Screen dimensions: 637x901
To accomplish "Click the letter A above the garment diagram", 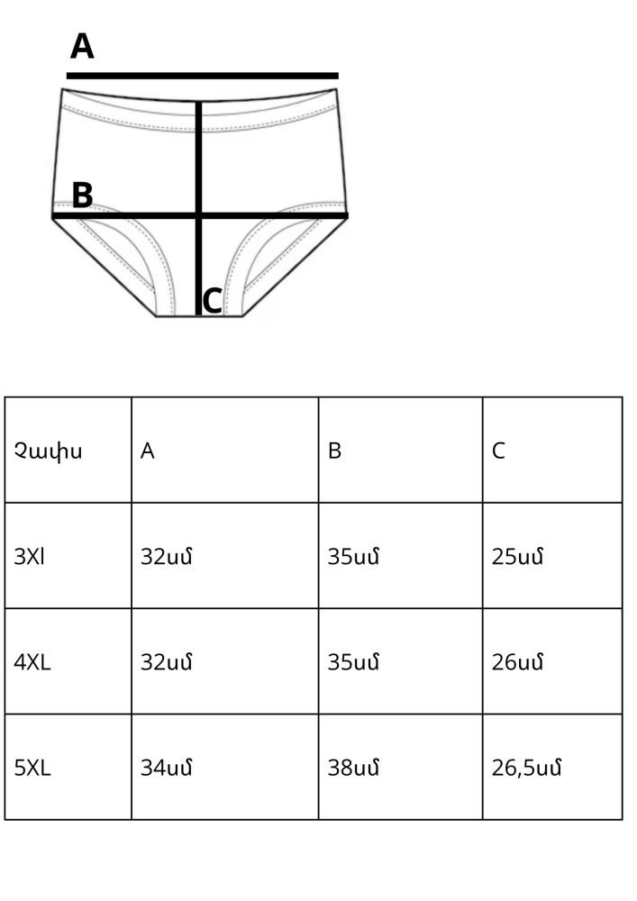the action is coord(82,46).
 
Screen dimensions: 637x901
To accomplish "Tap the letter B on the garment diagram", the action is coord(82,196).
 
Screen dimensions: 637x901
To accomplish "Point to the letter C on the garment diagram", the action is coord(213,301).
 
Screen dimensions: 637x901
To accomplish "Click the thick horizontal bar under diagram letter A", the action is coord(202,76).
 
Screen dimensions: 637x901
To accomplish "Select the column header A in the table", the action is coord(148,451).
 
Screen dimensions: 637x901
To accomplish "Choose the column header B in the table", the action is coord(335,451).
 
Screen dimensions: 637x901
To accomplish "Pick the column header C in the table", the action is coord(498,451).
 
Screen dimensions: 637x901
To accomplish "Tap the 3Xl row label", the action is coord(30,557).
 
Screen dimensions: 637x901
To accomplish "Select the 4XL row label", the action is coord(32,662).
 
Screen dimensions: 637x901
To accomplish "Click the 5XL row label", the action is coord(32,768).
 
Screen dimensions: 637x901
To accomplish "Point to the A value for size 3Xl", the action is coord(167,557).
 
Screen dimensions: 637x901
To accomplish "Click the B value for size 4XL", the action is coord(354,662).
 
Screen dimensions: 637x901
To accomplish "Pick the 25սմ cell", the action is coord(517,557).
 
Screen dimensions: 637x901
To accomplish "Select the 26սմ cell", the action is coord(517,662).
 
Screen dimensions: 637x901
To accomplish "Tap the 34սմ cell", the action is coord(167,768).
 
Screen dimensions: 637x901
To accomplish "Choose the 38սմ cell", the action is coord(354,768).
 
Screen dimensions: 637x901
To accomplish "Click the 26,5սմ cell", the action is coord(527,768).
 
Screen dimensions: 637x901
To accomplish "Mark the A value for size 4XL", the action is coord(167,662).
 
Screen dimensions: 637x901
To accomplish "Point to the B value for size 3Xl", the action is coord(354,557).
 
